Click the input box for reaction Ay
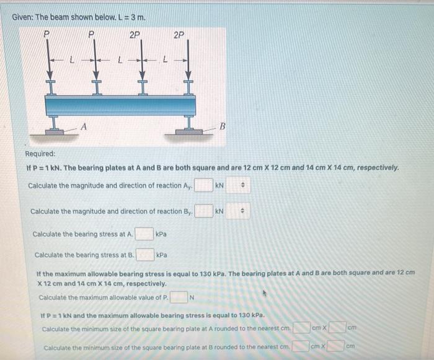pyautogui.click(x=204, y=185)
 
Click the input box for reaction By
pyautogui.click(x=204, y=211)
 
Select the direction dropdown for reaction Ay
pyautogui.click(x=238, y=185)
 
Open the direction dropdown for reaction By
pyautogui.click(x=237, y=211)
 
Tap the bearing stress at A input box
pyautogui.click(x=144, y=234)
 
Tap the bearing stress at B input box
pyautogui.click(x=145, y=255)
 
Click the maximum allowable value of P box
pyautogui.click(x=179, y=297)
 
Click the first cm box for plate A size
pyautogui.click(x=301, y=328)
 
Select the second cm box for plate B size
pyautogui.click(x=336, y=346)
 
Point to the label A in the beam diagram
pyautogui.click(x=84, y=127)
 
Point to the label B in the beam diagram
pyautogui.click(x=222, y=126)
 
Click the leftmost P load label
pyautogui.click(x=46, y=34)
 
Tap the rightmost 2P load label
pyautogui.click(x=179, y=35)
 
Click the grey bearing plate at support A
pyautogui.click(x=55, y=132)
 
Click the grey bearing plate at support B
pyautogui.click(x=189, y=131)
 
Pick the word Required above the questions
pyautogui.click(x=40, y=154)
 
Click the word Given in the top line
pyautogui.click(x=23, y=17)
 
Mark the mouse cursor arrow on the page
pyautogui.click(x=265, y=293)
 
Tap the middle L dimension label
pyautogui.click(x=120, y=59)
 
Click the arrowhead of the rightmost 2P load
pyautogui.click(x=188, y=75)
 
